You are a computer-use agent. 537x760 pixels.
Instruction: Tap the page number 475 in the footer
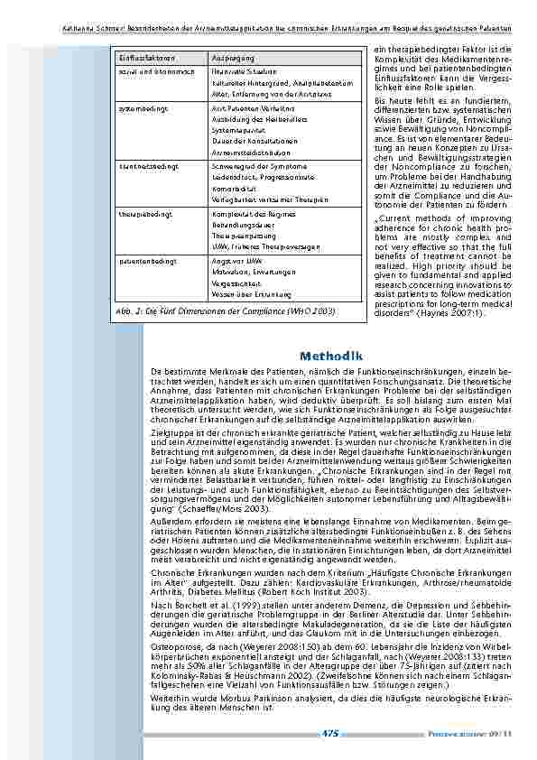[329, 734]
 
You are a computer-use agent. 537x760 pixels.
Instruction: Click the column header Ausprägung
[232, 58]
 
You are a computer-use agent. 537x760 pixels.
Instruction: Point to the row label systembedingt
[139, 105]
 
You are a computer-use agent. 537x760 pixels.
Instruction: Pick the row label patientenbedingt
[142, 260]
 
